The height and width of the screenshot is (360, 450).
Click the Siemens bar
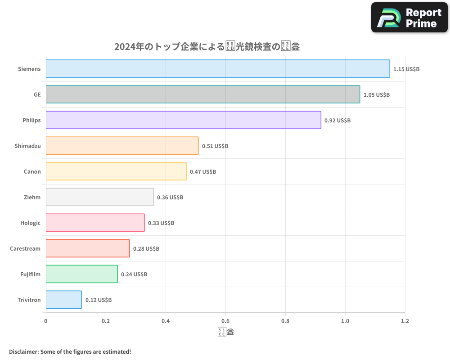coord(218,69)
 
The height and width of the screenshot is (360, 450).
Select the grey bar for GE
coord(202,94)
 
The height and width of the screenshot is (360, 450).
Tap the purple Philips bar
coord(183,120)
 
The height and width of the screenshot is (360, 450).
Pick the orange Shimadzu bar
coord(122,146)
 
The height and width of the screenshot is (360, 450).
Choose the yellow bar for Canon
coord(116,171)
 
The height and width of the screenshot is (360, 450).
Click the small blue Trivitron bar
coord(63,300)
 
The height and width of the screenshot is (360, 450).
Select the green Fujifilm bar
coord(81,274)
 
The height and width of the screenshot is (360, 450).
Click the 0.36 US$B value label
coord(170,198)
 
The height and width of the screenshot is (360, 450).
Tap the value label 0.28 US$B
coord(146,249)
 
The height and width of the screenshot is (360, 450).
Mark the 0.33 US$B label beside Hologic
coord(161,223)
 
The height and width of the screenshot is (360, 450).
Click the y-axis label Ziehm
coord(32,197)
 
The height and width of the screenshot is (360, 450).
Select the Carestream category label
coord(25,248)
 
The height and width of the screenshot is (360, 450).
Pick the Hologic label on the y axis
coord(30,223)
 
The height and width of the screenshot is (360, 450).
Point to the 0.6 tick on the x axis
coord(225,321)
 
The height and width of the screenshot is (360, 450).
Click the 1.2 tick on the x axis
coord(405,321)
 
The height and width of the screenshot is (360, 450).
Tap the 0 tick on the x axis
coord(46,321)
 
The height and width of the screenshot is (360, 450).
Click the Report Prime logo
coord(409,18)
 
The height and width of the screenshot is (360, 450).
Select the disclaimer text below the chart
coord(70,351)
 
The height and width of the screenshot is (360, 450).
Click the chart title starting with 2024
coord(207,46)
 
